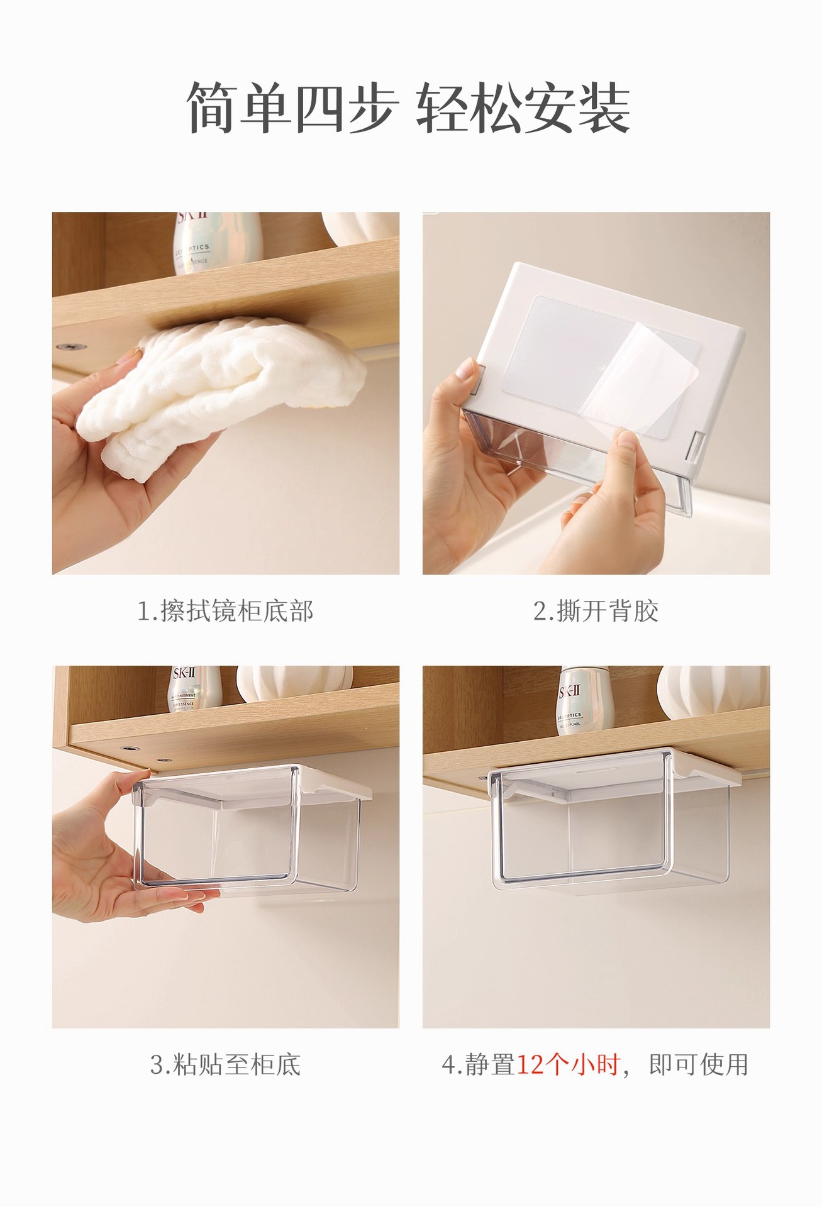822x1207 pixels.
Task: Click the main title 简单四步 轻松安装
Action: [x=409, y=108]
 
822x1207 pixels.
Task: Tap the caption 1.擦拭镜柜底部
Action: [x=225, y=611]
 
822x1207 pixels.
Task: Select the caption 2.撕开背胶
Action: [x=596, y=611]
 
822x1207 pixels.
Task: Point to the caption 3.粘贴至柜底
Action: [x=225, y=1065]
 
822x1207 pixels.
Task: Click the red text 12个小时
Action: [x=568, y=1065]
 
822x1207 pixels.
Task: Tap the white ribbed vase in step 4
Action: [x=711, y=692]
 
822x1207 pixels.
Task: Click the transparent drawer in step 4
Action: [x=610, y=830]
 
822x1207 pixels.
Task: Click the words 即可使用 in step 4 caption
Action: [x=698, y=1065]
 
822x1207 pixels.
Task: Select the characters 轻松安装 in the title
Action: [x=523, y=108]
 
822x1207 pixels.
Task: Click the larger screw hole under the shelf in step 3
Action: [x=130, y=749]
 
